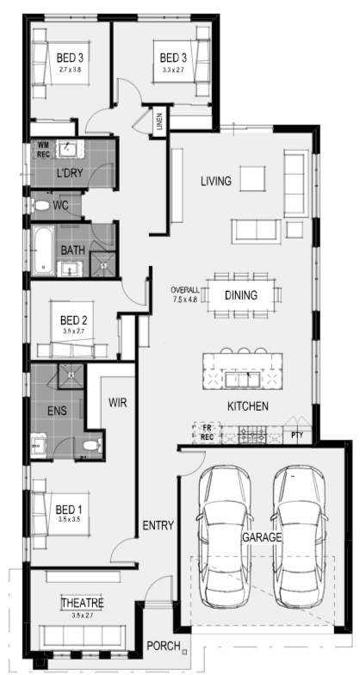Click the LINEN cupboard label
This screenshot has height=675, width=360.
(160, 121)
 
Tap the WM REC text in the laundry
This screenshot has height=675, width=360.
(43, 148)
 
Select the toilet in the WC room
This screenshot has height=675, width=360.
(41, 207)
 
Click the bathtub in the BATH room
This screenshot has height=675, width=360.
(43, 251)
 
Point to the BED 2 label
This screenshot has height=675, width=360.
(74, 320)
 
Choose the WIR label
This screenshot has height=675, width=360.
(117, 403)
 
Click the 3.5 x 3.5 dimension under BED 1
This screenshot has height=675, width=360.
(70, 520)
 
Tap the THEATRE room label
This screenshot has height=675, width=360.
(83, 603)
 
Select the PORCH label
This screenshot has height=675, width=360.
(164, 646)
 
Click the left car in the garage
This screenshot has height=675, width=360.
(224, 537)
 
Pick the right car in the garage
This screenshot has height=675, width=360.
(299, 537)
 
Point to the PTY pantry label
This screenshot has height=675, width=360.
(297, 436)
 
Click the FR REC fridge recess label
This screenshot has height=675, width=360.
(207, 432)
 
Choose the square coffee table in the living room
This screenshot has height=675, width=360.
(252, 179)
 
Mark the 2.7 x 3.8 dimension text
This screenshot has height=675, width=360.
(70, 69)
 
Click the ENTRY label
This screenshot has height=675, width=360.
(158, 525)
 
